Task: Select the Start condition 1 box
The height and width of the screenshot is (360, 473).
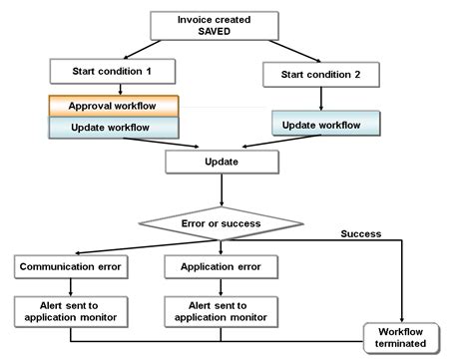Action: [112, 72]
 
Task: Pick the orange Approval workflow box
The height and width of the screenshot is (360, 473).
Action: [112, 106]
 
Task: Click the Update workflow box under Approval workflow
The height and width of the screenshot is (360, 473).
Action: [112, 128]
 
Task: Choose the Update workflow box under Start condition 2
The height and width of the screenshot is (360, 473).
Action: [326, 123]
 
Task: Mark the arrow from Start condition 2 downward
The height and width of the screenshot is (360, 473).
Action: [319, 98]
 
